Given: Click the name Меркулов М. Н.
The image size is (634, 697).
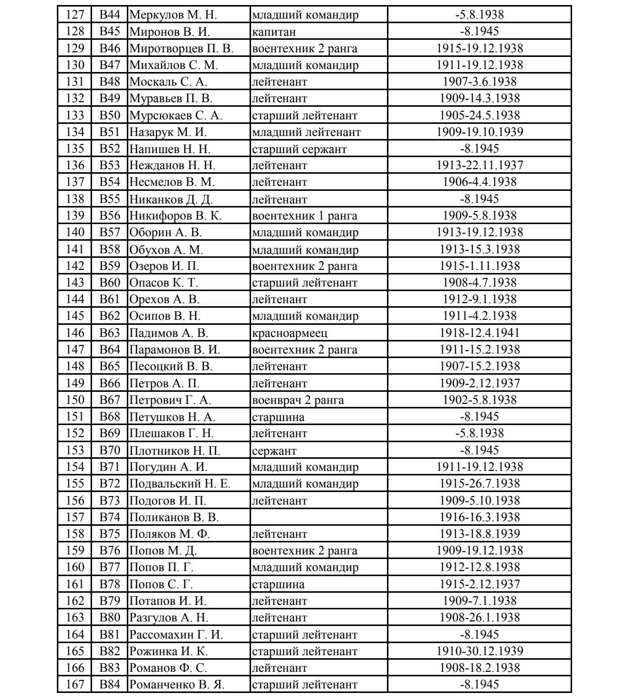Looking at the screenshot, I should tap(173, 15).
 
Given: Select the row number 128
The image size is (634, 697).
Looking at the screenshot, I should tap(75, 31).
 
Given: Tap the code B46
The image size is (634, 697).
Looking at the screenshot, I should tap(110, 48).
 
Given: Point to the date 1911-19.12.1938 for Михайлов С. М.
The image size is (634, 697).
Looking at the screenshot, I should tap(479, 65).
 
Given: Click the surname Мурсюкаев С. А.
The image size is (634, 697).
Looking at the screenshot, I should tap(176, 115).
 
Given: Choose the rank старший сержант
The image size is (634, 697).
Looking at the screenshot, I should tap(299, 149).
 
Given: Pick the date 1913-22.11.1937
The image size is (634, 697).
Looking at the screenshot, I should tap(479, 165).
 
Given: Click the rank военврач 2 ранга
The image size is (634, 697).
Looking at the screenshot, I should tap(298, 400).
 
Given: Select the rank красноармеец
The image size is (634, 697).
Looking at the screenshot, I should tap(289, 333).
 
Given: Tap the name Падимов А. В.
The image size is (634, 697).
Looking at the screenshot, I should tap(169, 333).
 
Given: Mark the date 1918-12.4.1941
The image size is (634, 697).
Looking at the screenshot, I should tap(479, 333).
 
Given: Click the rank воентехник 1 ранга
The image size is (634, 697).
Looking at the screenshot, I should tap(304, 216).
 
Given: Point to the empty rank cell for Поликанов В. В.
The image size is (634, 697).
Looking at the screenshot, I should tap(319, 517).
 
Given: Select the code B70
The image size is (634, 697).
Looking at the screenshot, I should tap(110, 450).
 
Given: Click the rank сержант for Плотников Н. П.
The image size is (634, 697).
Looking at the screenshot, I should tap(274, 450).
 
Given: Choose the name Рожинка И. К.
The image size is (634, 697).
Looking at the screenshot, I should tap(169, 651).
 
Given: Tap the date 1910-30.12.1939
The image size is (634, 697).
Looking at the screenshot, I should tap(479, 651).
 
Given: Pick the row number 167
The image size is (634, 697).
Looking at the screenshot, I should tap(75, 684).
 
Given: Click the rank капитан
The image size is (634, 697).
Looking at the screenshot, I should tap(274, 31).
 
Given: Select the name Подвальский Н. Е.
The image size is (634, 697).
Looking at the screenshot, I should tap(180, 483).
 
